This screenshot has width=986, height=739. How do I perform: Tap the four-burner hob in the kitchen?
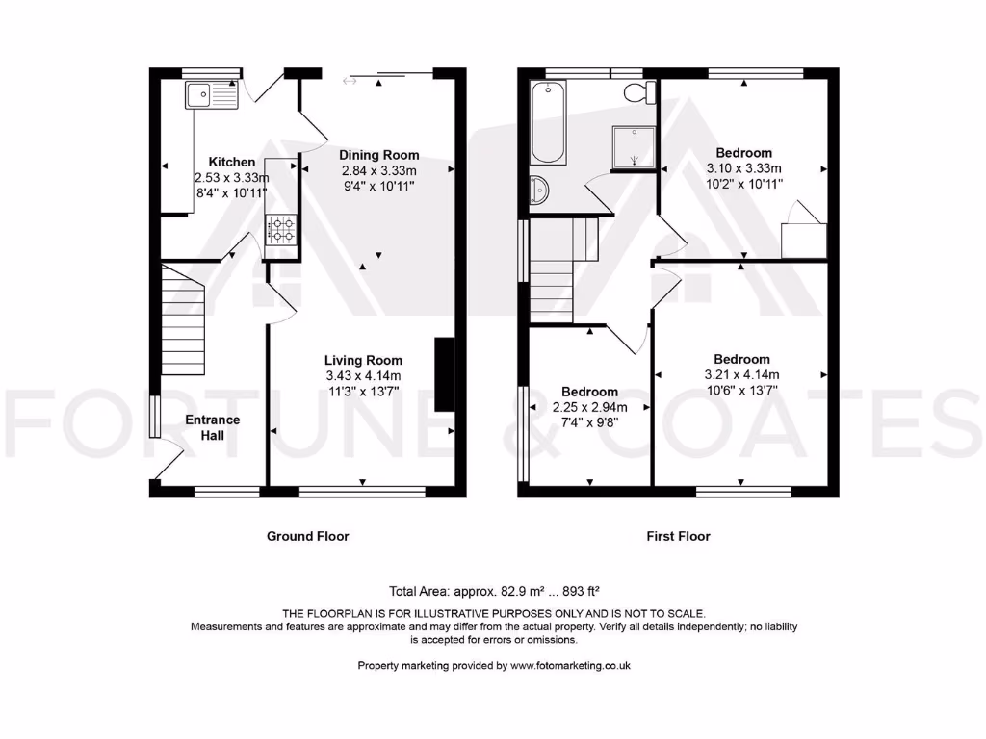[x=282, y=229]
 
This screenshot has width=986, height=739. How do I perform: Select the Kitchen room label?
[x=232, y=163]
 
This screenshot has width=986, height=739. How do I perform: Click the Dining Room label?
[x=378, y=155]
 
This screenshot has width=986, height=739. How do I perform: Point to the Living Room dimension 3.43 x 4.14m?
[x=363, y=375]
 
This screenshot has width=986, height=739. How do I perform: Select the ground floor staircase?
[x=183, y=319]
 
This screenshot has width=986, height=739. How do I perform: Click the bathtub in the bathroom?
[x=549, y=123]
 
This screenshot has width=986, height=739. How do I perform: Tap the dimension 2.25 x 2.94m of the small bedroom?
[x=589, y=407]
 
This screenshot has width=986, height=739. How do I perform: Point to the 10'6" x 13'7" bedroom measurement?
[x=741, y=390]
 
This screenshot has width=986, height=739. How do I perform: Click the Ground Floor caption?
[x=307, y=536]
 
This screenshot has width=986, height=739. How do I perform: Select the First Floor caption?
[x=678, y=536]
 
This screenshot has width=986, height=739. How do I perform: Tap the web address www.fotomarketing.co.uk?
[x=570, y=665]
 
